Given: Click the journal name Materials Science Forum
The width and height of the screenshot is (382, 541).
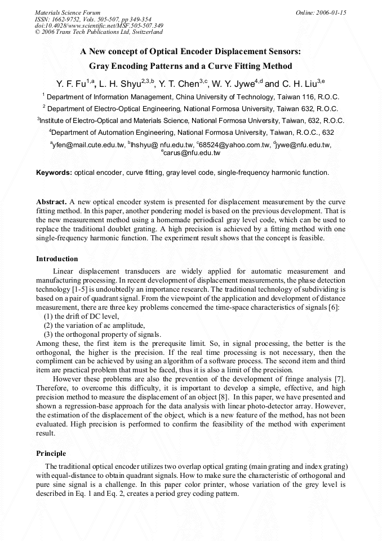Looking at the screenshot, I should pos(68,12).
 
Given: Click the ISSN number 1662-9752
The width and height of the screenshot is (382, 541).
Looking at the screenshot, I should pos(65,19).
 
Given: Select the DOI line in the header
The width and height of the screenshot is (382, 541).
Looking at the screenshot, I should pos(99,25).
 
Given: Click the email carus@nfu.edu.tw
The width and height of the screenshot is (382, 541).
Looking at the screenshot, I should pos(192,153).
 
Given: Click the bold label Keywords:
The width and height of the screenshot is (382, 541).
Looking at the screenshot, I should pos(54,173).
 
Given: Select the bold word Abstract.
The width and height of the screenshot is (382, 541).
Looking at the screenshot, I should pos(51,201).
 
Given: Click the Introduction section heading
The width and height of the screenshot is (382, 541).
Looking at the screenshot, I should pos(57,259).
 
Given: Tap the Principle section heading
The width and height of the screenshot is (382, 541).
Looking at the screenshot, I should pos(51,454).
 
